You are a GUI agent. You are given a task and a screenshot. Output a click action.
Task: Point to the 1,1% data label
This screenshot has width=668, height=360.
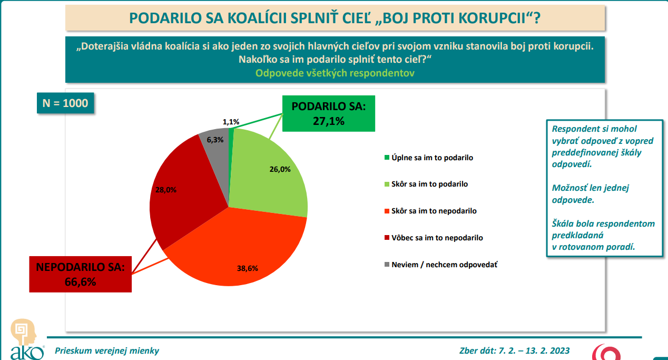click(231, 122)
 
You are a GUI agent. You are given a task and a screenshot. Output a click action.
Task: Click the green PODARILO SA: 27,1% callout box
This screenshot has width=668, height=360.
click(328, 113)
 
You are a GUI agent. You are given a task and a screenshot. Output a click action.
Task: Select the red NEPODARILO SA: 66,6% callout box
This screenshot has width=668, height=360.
click(81, 274)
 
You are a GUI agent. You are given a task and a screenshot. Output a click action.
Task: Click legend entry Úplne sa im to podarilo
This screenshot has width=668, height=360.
click(432, 158)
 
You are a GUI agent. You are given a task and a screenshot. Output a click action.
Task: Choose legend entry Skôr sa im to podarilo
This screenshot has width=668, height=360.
click(429, 184)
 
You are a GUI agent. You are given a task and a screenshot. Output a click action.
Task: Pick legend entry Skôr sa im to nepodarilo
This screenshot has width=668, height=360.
click(434, 211)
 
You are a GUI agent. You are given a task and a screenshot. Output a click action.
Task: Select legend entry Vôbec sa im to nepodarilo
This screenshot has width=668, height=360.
click(437, 238)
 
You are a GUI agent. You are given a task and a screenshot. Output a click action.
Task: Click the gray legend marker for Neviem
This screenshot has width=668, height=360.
click(387, 265)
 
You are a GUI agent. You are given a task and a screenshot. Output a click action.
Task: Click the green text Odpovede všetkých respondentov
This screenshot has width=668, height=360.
click(335, 73)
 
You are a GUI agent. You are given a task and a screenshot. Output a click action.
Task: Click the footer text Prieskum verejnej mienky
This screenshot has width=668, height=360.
click(106, 351)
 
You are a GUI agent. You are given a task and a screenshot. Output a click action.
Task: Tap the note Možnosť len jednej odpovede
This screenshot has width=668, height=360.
click(590, 193)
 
